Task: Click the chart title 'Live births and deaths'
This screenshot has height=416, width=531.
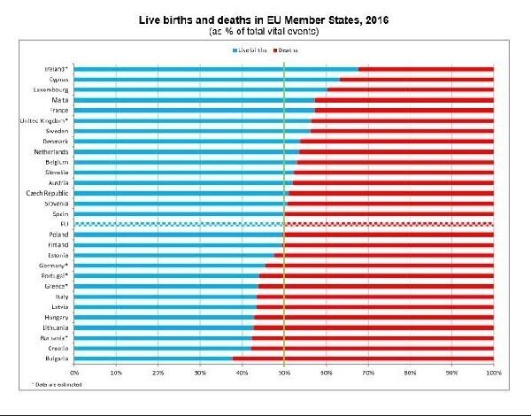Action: [265, 19]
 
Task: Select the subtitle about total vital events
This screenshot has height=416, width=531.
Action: [265, 31]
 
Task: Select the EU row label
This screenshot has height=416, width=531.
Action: [65, 224]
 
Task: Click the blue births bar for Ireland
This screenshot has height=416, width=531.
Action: [217, 68]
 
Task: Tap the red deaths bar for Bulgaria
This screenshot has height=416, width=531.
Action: [363, 358]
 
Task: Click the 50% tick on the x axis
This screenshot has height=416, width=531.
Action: [284, 373]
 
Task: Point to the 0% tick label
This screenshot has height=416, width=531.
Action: [74, 373]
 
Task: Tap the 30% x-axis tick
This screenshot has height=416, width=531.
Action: [200, 373]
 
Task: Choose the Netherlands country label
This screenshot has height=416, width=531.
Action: [52, 151]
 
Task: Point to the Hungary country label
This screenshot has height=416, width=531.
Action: [56, 317]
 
